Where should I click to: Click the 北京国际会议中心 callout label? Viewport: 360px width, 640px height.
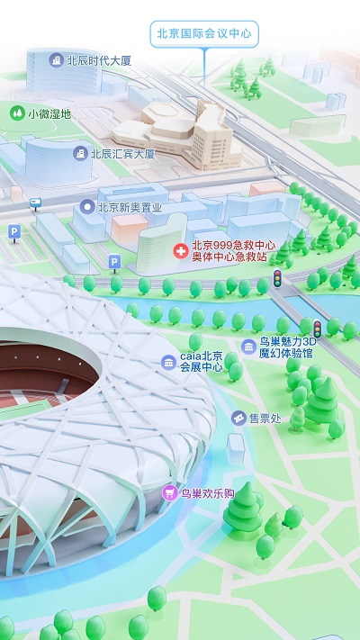204,35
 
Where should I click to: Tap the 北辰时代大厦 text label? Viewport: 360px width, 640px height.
99,61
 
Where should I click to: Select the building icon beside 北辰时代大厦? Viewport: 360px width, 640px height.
58,61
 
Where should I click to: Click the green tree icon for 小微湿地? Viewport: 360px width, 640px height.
15,113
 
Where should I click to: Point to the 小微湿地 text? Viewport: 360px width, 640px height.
49,114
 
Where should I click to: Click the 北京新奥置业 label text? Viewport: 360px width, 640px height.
130,207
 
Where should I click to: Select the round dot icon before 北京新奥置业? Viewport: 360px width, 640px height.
87,207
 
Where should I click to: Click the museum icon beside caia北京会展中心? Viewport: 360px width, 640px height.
168,362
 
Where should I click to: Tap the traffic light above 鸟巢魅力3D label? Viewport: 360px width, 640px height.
317,328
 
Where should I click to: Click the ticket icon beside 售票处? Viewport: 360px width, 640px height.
238,419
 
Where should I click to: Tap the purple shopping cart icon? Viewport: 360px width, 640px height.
168,493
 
